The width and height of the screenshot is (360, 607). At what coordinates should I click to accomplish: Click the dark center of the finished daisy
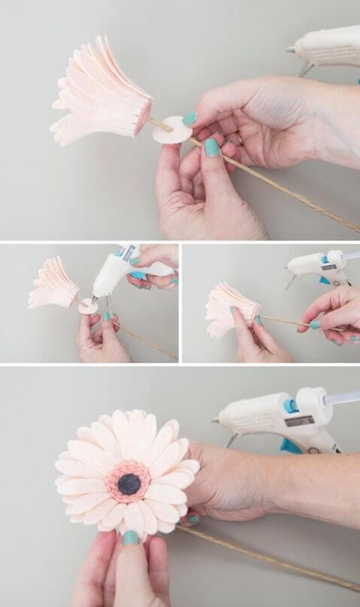click(129, 484)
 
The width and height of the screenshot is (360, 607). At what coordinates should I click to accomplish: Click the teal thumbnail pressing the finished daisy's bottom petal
click(131, 538)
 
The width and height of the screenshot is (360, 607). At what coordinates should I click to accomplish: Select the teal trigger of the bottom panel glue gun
click(291, 446)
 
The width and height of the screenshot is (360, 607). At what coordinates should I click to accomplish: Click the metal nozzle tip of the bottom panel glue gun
click(216, 421)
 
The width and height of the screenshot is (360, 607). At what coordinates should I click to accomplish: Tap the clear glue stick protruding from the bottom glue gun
click(343, 398)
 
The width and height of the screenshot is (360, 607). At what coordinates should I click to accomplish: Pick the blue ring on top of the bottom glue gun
click(290, 405)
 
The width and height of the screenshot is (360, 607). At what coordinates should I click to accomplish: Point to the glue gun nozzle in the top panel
click(290, 50)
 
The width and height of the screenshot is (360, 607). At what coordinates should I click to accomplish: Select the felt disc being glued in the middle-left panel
click(88, 306)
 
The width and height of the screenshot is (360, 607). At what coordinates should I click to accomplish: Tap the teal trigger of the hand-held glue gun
click(138, 275)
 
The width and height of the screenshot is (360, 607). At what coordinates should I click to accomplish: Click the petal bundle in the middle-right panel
click(229, 308)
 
